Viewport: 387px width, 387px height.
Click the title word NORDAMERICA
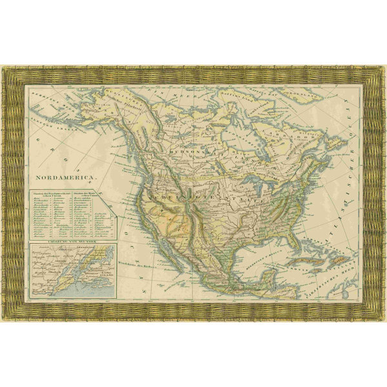[64, 175]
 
